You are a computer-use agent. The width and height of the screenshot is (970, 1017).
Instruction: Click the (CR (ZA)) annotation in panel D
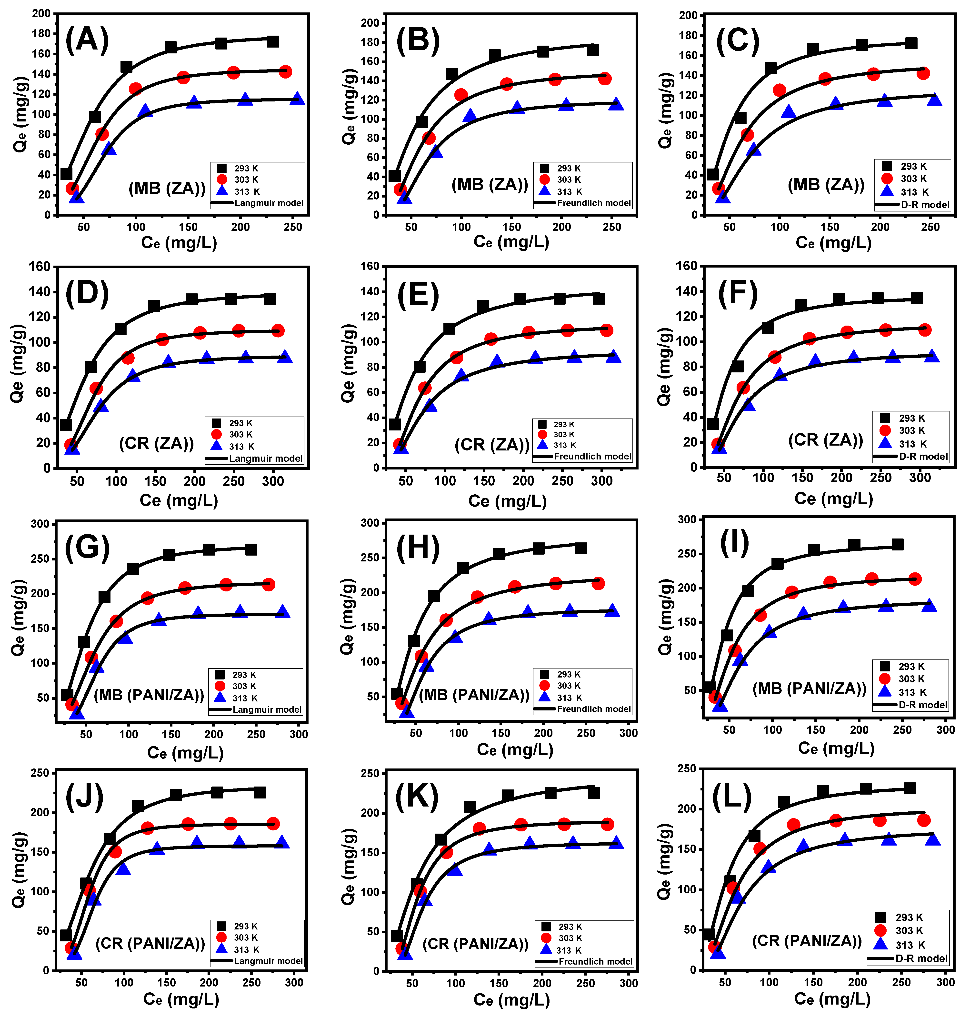coord(156,443)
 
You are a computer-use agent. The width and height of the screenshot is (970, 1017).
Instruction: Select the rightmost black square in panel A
coord(272,41)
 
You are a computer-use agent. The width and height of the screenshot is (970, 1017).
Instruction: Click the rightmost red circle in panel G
coord(268,585)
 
